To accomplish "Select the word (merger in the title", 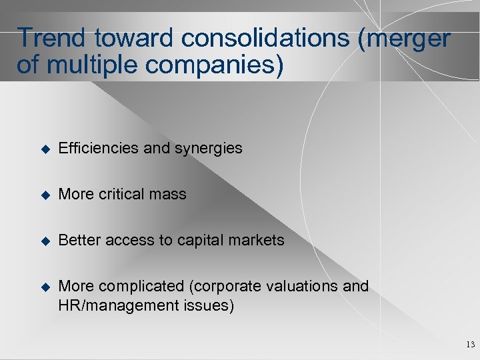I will click(403, 39).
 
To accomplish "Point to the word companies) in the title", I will click(218, 66).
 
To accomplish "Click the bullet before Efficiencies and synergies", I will click(45, 149).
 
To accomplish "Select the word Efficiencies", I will click(99, 148).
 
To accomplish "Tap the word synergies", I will click(209, 149).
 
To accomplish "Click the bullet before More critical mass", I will click(45, 195).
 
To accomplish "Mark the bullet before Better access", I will click(45, 241).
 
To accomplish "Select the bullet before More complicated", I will click(45, 287).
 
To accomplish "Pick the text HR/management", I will click(118, 306).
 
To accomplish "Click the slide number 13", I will click(470, 345).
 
